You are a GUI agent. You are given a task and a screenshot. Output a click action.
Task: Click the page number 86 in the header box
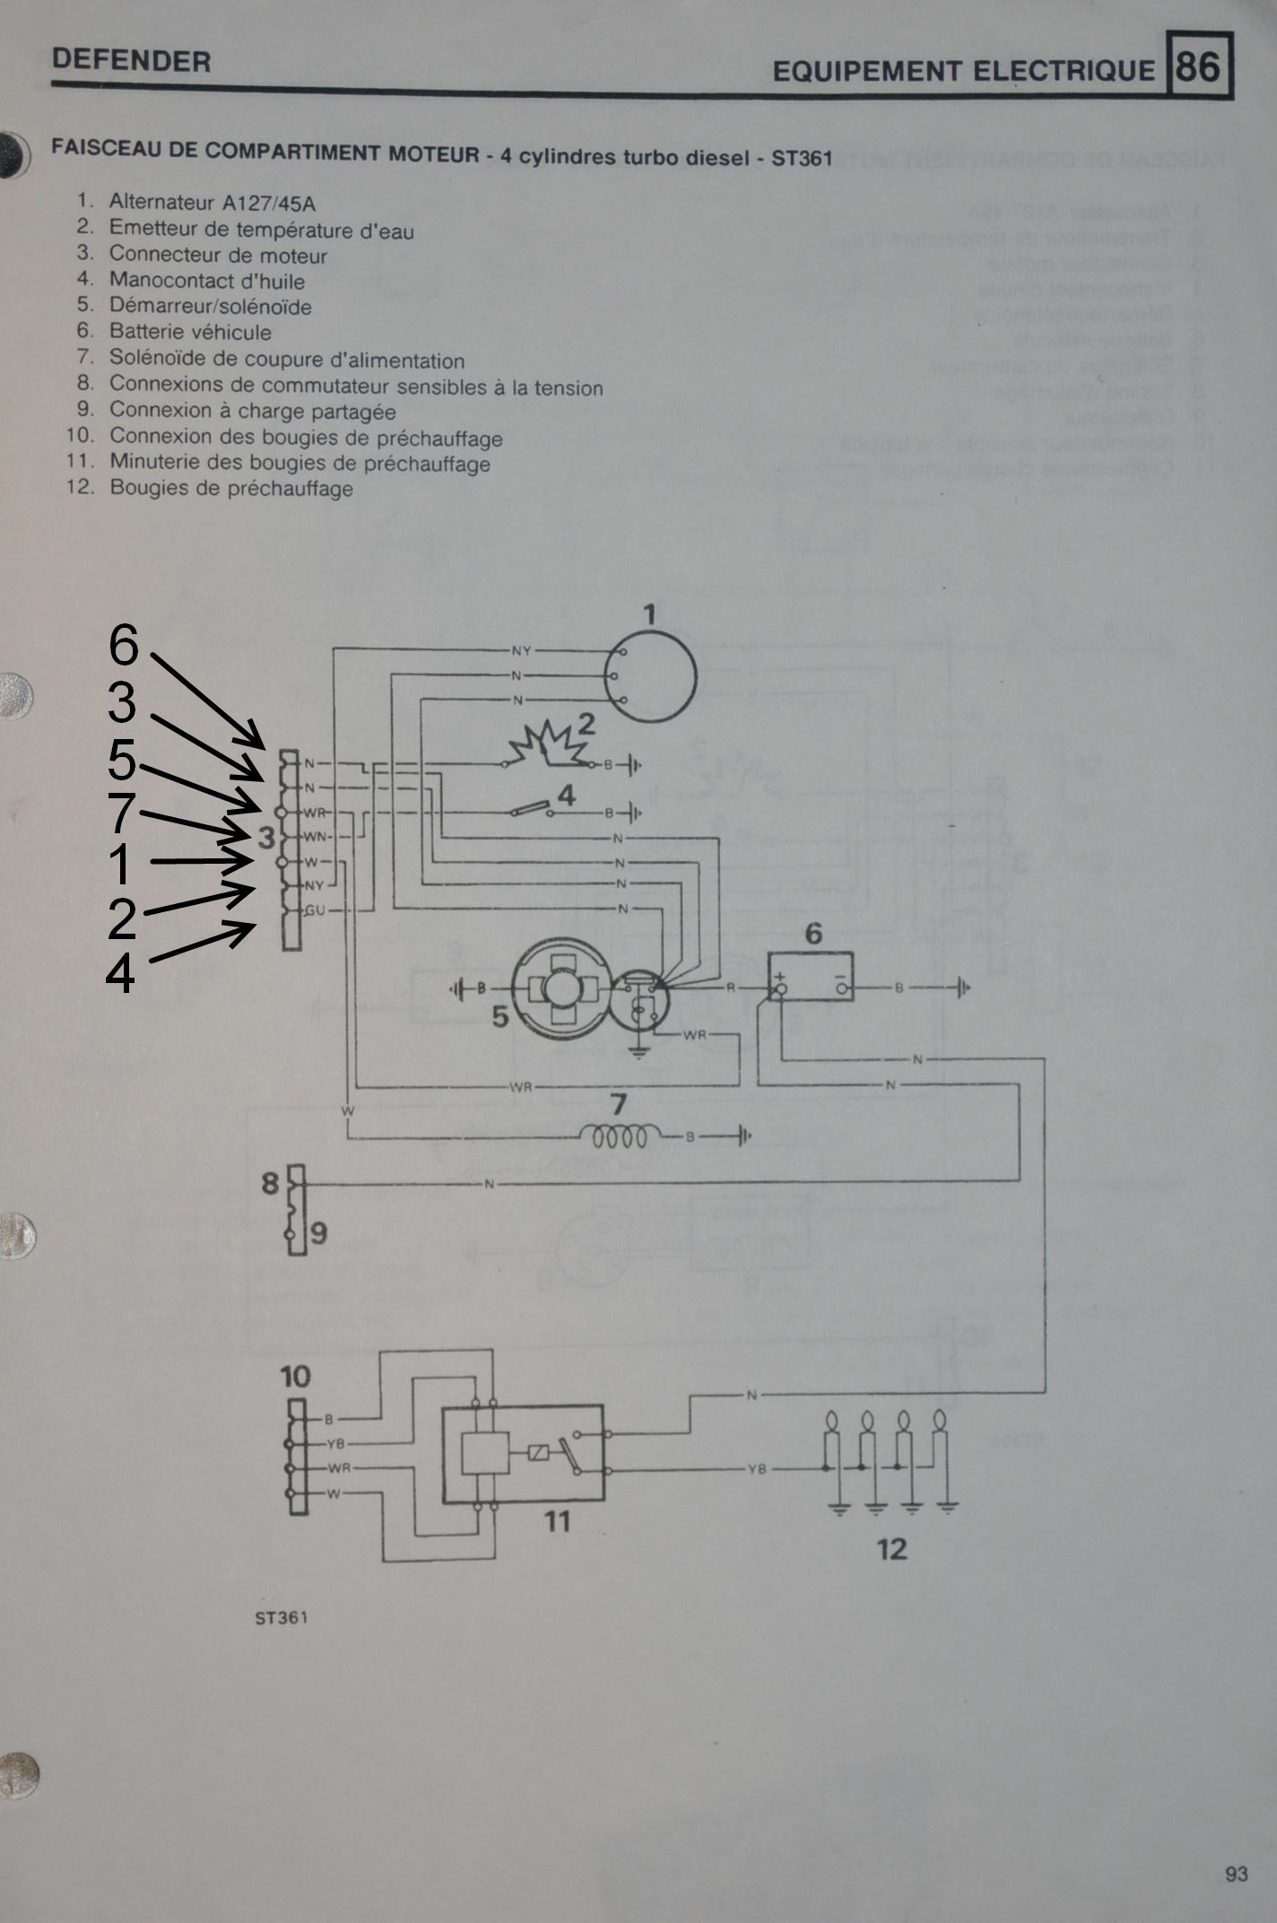pos(1198,66)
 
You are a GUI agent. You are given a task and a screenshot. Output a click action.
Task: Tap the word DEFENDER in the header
pos(131,61)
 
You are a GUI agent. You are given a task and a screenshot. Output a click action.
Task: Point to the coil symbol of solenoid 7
pos(620,1136)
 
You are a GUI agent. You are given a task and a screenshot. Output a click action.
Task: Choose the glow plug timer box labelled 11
pos(522,1453)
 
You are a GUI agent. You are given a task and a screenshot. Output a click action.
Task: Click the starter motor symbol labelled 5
pos(560,988)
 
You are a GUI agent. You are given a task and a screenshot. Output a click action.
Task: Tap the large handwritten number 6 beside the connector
pos(124,645)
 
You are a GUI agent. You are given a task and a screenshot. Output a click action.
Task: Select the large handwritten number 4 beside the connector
pos(120,973)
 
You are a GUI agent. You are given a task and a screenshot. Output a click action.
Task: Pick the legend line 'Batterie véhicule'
pos(190,332)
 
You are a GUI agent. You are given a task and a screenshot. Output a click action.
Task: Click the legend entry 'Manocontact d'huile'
pos(206,281)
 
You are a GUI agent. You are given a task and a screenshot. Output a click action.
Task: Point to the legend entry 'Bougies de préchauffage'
pos(231,489)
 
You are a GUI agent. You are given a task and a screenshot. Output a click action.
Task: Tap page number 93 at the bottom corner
pos(1236,1874)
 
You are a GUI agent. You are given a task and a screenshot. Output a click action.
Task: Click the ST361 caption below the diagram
pos(281,1617)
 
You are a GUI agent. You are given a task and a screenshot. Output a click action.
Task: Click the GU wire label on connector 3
pos(315,909)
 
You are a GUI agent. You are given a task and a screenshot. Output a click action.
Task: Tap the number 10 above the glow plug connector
pos(295,1376)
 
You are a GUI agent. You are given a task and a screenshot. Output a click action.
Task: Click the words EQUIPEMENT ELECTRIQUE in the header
pos(963,71)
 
